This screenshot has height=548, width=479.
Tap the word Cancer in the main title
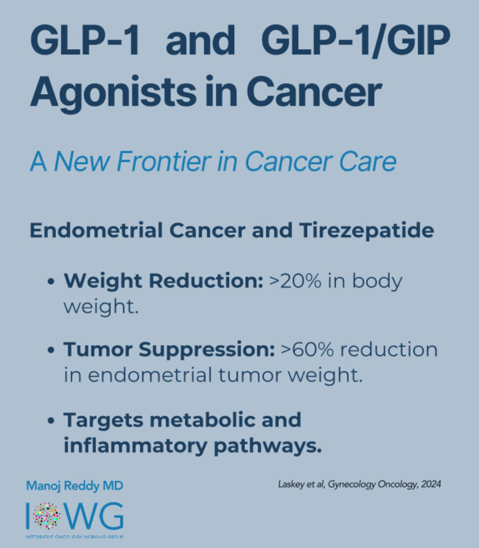click(314, 91)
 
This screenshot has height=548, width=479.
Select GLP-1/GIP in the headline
click(356, 40)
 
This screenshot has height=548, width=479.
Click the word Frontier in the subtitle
click(164, 161)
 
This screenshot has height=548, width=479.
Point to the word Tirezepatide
click(366, 231)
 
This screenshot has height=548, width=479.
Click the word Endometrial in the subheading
click(96, 230)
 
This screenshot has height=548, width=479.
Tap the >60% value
click(307, 350)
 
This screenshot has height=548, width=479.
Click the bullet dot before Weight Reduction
click(51, 282)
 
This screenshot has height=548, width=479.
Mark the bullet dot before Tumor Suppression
click(51, 350)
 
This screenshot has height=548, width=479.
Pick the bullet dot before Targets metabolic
click(51, 420)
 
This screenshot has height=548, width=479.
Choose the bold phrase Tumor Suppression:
click(170, 350)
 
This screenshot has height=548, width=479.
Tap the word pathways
click(267, 446)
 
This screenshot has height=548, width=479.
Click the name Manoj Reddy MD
click(75, 486)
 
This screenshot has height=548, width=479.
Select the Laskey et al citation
click(359, 484)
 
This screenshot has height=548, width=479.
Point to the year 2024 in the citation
click(431, 484)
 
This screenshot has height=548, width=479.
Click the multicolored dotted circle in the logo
click(46, 516)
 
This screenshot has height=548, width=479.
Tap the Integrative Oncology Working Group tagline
click(75, 536)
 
